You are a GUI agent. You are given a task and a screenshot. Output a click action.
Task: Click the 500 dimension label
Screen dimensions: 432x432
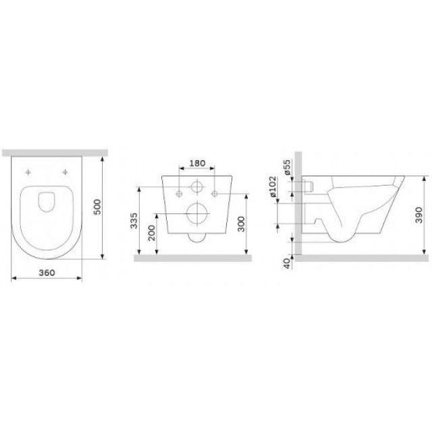pyautogui.click(x=97, y=207)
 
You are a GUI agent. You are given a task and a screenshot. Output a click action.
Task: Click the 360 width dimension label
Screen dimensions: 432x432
pyautogui.click(x=47, y=273)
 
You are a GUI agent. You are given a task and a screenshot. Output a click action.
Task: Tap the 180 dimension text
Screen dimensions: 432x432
pyautogui.click(x=197, y=163)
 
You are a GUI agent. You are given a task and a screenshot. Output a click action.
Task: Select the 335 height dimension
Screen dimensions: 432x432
pyautogui.click(x=134, y=221)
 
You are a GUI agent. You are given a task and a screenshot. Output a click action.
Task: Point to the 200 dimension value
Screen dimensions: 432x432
pyautogui.click(x=152, y=233)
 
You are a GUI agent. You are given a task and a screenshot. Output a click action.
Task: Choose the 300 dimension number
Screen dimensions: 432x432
pyautogui.click(x=241, y=224)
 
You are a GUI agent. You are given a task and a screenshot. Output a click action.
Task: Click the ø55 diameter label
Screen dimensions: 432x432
pyautogui.click(x=288, y=167)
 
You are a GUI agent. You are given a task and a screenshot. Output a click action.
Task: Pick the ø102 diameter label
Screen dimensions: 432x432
pyautogui.click(x=273, y=186)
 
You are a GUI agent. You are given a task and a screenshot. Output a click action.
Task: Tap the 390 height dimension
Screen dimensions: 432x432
pyautogui.click(x=418, y=215)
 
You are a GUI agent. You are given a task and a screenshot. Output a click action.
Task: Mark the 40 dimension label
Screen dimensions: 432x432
pyautogui.click(x=288, y=264)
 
